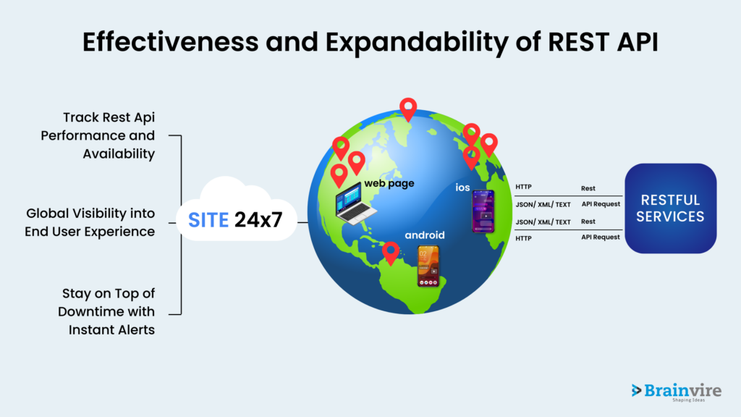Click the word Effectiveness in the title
(170, 41)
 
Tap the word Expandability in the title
(416, 43)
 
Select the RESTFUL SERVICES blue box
(671, 208)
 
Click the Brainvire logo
(677, 392)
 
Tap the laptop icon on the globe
(355, 203)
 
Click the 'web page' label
(389, 183)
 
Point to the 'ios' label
(462, 188)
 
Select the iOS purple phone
(483, 211)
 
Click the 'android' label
(424, 235)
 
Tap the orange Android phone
(428, 266)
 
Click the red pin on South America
(390, 253)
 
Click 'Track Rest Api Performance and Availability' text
(98, 135)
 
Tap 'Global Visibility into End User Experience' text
(90, 222)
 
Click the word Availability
(119, 154)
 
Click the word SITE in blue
(208, 220)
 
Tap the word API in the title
(638, 41)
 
